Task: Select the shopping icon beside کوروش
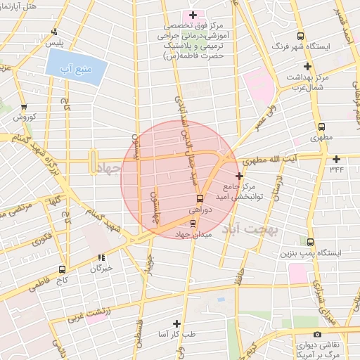click(x=27, y=106)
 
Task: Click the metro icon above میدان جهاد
click(x=193, y=224)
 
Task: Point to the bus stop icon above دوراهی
click(x=200, y=198)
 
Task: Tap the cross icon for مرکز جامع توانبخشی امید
click(x=240, y=175)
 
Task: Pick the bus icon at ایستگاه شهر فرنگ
click(x=300, y=36)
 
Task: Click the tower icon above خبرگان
click(x=101, y=258)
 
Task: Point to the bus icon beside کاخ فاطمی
click(x=63, y=269)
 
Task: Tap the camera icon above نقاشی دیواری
click(x=318, y=335)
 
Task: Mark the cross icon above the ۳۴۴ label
click(x=336, y=158)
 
